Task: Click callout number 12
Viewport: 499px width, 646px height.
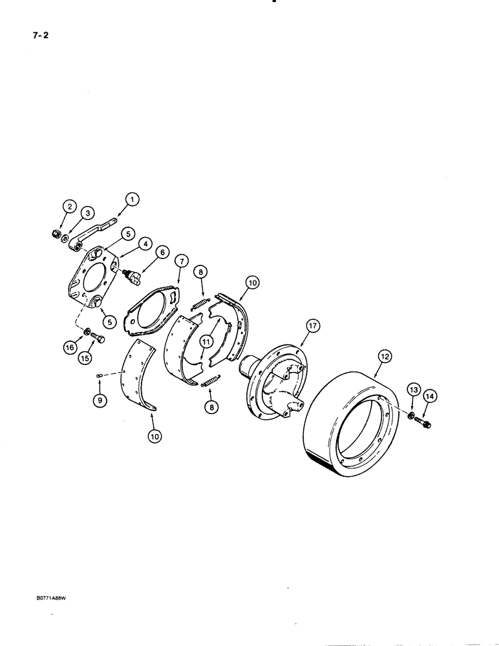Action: pyautogui.click(x=385, y=355)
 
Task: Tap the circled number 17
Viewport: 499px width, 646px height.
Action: pyautogui.click(x=313, y=328)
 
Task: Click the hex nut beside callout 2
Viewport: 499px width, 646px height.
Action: pyautogui.click(x=56, y=233)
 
